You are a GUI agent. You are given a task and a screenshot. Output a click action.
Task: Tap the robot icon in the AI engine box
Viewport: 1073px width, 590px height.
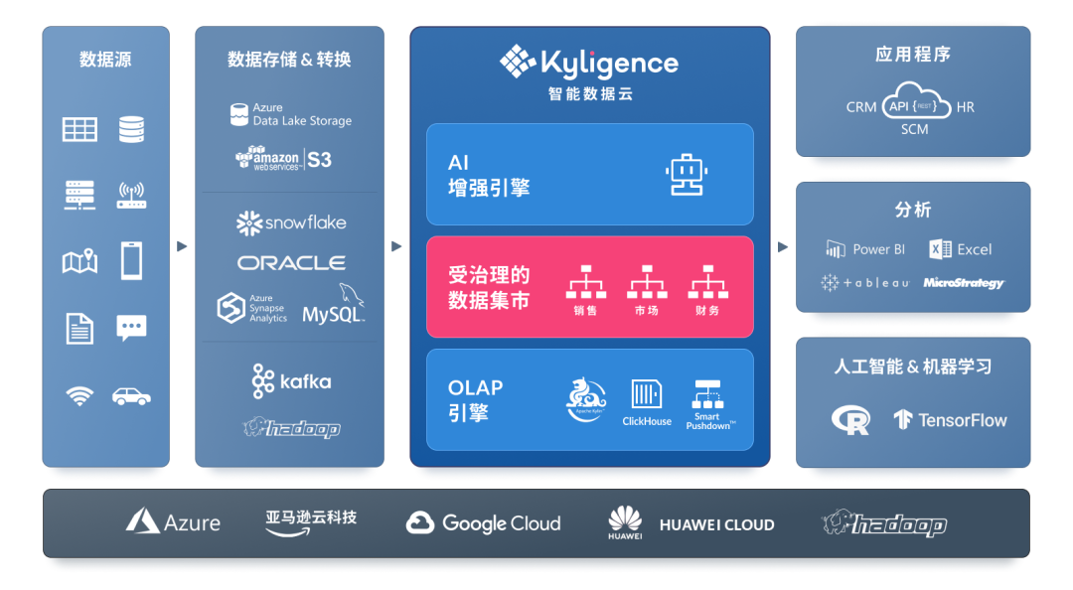point(684,174)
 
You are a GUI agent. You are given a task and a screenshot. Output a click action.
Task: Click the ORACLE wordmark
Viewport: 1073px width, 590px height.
point(291,263)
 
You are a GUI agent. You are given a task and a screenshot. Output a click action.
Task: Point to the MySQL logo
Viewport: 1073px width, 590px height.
point(335,307)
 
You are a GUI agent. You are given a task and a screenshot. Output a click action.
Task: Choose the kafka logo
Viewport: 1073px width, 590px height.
point(291,381)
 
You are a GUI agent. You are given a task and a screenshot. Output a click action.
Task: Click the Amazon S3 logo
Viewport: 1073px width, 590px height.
point(284,158)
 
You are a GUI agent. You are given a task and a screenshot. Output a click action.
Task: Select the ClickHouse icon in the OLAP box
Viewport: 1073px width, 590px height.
point(647,394)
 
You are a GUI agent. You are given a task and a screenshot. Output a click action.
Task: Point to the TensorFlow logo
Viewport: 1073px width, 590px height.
point(950,420)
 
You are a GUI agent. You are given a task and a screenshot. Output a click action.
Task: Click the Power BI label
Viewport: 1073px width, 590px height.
point(865,249)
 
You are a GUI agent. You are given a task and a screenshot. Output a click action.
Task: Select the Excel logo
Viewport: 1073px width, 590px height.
point(961,249)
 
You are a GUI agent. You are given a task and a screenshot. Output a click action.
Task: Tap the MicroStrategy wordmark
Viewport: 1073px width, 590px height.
point(964,283)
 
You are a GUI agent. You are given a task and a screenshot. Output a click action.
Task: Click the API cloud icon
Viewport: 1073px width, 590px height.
point(914,103)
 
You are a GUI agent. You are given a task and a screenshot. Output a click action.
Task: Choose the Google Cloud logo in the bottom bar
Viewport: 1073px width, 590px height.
point(484,523)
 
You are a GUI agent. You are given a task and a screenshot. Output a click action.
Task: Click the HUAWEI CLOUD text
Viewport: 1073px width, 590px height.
point(716,525)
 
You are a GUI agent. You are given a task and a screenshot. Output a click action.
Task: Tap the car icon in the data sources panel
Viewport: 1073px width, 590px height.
point(131,396)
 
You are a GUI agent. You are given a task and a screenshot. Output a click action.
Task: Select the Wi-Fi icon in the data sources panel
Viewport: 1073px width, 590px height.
point(79,396)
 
